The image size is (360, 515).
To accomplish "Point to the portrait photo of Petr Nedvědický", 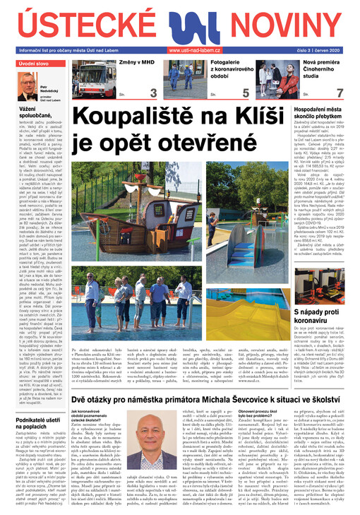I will (x=28, y=88).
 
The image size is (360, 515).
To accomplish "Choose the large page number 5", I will (x=245, y=93).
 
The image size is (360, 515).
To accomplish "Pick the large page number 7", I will (x=340, y=93).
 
